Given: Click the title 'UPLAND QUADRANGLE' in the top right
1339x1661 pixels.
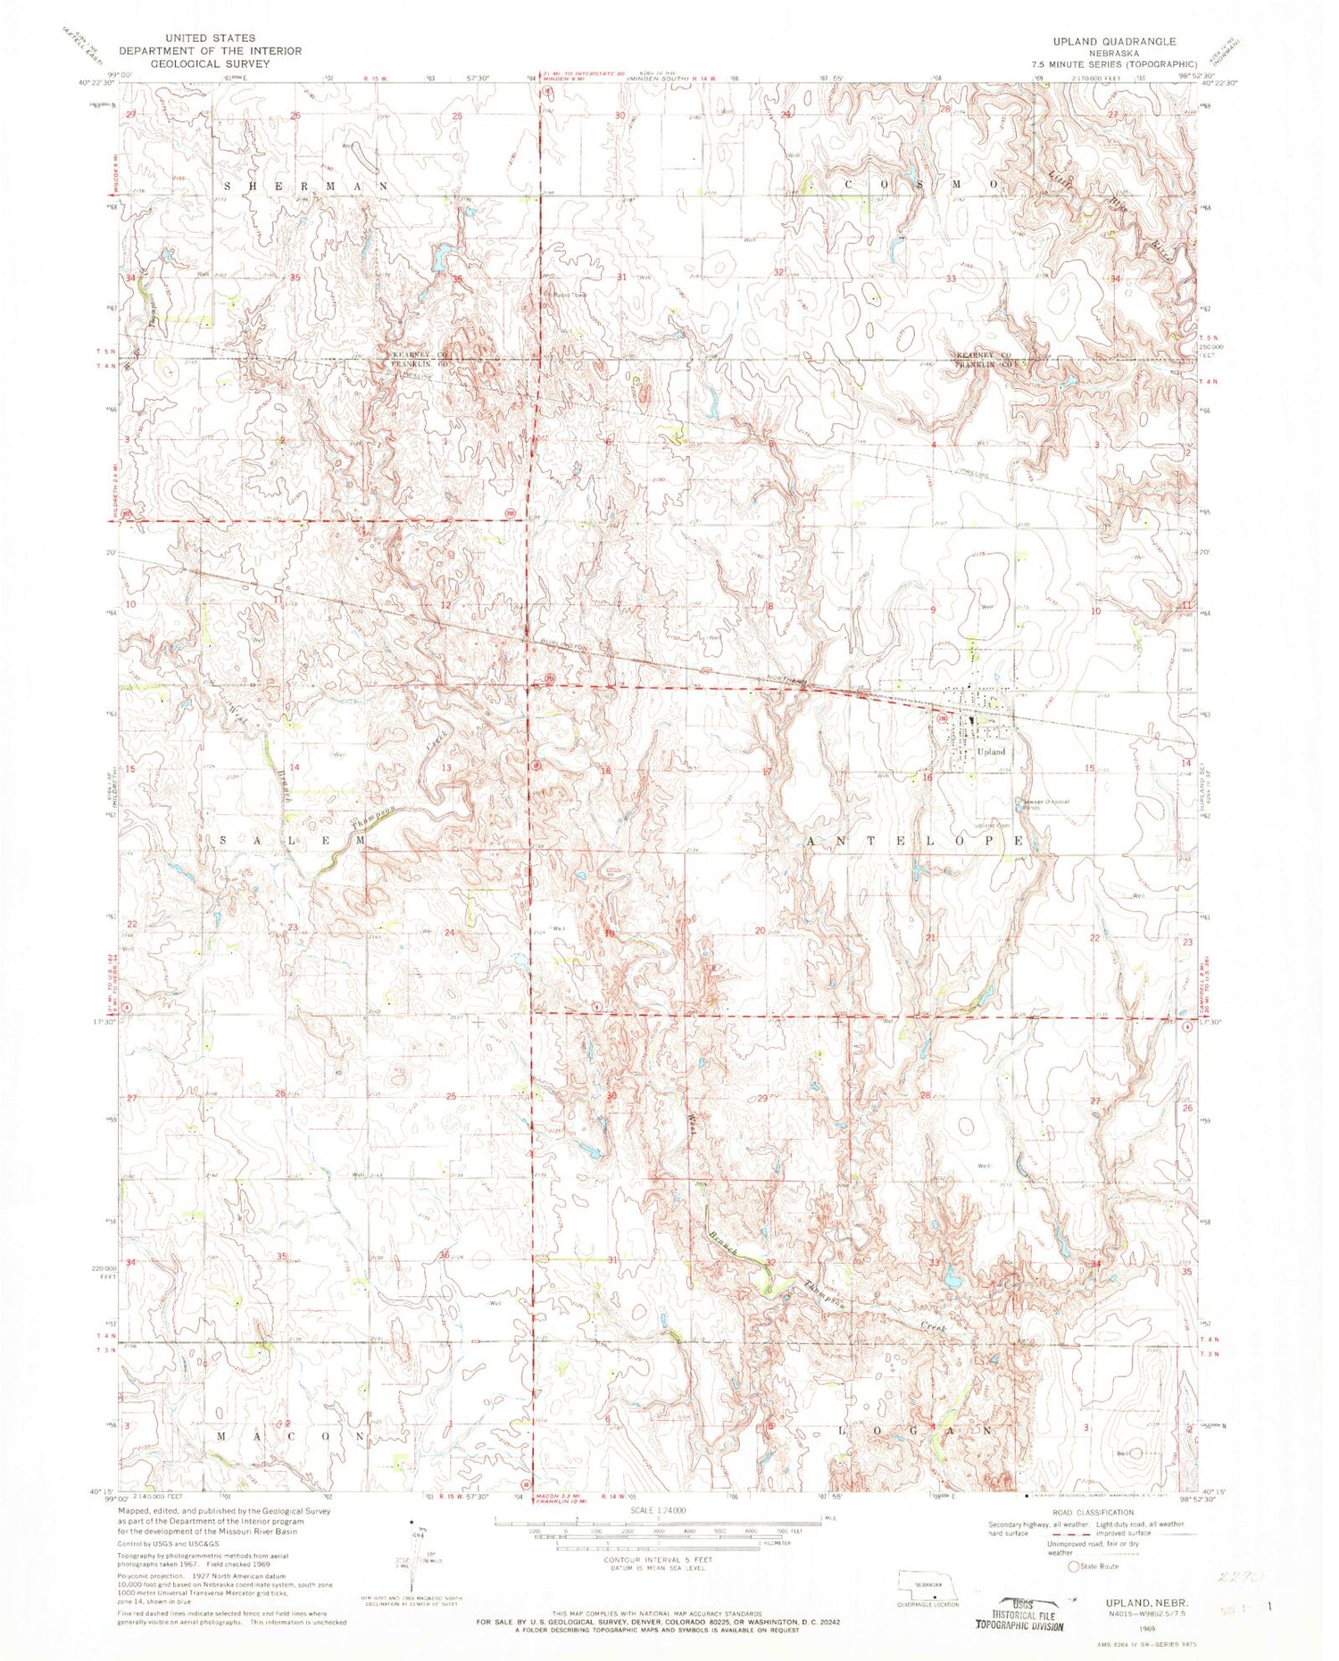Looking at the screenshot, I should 1127,42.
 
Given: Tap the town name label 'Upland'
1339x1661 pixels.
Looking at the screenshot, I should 991,752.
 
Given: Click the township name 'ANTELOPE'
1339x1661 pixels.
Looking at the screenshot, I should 927,842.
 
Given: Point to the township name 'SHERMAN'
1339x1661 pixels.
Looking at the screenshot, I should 306,186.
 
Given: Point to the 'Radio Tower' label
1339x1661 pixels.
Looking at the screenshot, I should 568,295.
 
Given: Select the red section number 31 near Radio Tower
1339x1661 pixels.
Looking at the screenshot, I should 621,277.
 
